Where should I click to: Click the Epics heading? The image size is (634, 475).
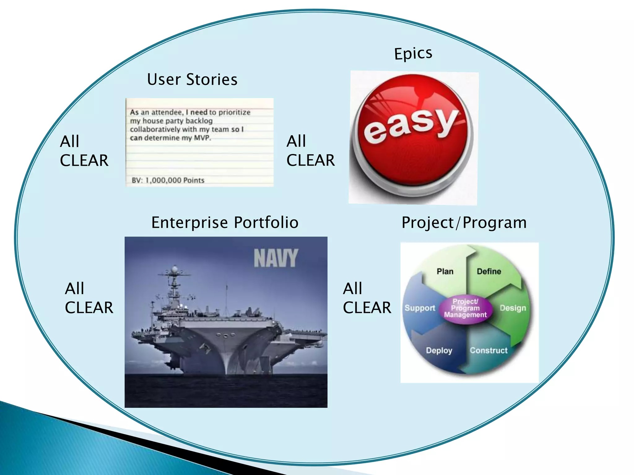pyautogui.click(x=413, y=54)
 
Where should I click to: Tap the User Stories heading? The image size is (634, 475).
pyautogui.click(x=192, y=79)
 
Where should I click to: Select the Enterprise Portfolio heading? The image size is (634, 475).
pyautogui.click(x=225, y=222)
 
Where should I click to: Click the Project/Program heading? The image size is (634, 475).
pyautogui.click(x=464, y=223)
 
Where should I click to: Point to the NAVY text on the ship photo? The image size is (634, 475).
pyautogui.click(x=276, y=258)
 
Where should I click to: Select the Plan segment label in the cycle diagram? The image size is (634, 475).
pyautogui.click(x=445, y=272)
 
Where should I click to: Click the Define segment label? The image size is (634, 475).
pyautogui.click(x=489, y=272)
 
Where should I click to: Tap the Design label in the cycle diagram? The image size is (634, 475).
pyautogui.click(x=513, y=308)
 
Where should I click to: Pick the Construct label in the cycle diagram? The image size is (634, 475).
pyautogui.click(x=489, y=350)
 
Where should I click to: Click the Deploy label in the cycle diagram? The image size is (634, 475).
pyautogui.click(x=439, y=350)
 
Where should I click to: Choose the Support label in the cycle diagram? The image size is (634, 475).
pyautogui.click(x=420, y=308)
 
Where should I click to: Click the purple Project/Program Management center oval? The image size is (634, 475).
pyautogui.click(x=465, y=308)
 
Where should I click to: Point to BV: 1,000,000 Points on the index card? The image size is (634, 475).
pyautogui.click(x=168, y=180)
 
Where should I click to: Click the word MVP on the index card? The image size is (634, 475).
pyautogui.click(x=202, y=138)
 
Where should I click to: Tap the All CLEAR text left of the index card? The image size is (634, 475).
pyautogui.click(x=84, y=151)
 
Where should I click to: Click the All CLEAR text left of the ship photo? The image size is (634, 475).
pyautogui.click(x=89, y=298)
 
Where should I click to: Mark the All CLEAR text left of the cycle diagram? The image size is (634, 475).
pyautogui.click(x=367, y=298)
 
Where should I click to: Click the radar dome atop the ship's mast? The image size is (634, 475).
pyautogui.click(x=175, y=268)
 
